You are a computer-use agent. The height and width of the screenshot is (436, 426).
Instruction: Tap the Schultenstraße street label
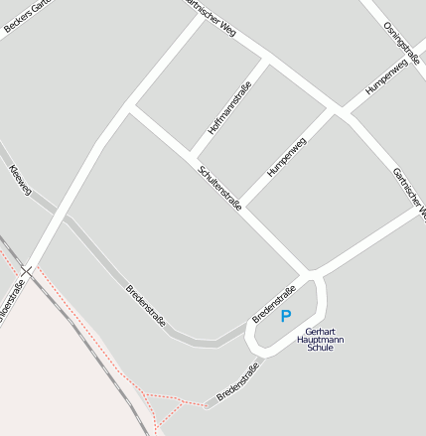pos(219,188)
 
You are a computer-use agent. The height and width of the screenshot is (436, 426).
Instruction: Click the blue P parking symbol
pos(286,317)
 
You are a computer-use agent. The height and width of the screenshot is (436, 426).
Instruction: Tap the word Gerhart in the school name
pos(321,331)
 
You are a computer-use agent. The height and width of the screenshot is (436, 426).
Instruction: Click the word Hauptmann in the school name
pos(321,340)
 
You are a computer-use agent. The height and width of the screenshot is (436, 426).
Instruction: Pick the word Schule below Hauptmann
pos(321,349)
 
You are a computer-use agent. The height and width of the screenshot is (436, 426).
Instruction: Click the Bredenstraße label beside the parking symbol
pos(274,304)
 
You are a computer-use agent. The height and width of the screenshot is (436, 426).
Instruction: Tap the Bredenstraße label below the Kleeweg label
pos(146,307)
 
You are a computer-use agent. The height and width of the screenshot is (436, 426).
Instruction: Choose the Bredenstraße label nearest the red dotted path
pos(237,382)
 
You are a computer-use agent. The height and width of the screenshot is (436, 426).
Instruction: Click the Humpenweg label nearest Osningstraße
pos(386,77)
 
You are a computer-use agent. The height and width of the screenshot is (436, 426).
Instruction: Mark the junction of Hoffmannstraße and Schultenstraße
pos(191,155)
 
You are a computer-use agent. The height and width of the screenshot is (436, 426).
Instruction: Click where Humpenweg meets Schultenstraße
pos(243,207)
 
